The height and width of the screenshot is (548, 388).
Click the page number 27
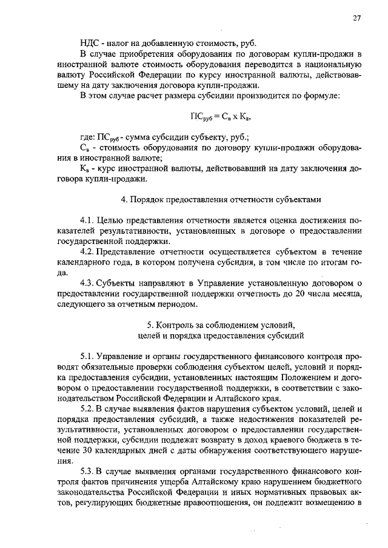click(x=357, y=18)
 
